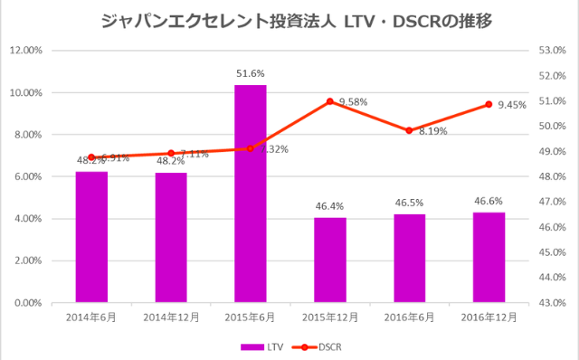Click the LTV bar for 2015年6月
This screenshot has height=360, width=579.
(x=251, y=194)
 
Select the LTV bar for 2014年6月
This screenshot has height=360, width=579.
(x=91, y=237)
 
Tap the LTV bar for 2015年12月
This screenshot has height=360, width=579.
(x=330, y=261)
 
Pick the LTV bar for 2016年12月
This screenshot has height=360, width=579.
(x=489, y=258)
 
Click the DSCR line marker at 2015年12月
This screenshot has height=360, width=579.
(x=330, y=101)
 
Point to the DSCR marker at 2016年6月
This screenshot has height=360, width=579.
(x=409, y=130)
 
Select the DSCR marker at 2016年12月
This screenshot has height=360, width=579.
(x=489, y=104)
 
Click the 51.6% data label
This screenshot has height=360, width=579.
(x=251, y=71)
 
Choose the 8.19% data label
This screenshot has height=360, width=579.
(x=432, y=131)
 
